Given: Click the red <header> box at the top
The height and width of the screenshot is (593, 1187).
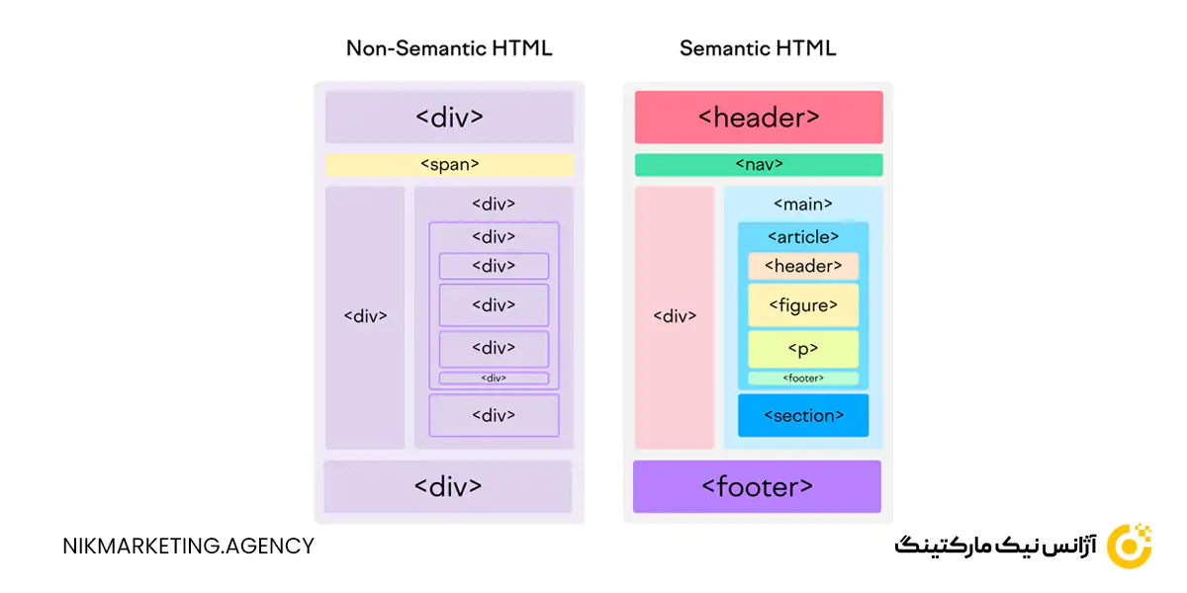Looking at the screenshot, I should pos(759,117).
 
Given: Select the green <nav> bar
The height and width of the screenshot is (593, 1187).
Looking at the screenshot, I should pos(759,165).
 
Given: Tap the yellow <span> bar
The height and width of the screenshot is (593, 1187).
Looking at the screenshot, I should pos(449,165).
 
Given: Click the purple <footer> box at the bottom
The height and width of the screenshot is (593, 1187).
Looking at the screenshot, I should pos(757,486).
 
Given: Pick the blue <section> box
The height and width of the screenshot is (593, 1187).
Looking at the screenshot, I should pos(802,415).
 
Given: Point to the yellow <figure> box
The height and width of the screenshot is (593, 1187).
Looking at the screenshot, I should pos(802,305).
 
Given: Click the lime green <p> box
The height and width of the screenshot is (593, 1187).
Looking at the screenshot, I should pos(802,349).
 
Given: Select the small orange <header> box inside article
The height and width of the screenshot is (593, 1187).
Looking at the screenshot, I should pos(802,266).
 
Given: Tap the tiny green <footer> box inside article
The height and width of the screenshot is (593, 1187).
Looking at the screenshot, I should pos(802,379).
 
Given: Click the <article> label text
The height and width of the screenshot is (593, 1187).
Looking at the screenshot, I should pos(802,237).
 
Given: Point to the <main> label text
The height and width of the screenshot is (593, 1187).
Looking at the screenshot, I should pos(802,205).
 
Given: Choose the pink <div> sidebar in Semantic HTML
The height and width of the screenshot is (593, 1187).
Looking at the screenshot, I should pos(675,316).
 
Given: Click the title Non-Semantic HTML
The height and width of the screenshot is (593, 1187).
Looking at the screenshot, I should pos(449,48).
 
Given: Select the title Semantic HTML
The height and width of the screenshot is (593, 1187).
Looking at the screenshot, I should pos(758,48).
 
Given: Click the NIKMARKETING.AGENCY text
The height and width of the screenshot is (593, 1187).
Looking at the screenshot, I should pos(188,546).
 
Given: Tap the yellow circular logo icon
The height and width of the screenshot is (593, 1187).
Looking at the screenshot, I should pos(1129,546).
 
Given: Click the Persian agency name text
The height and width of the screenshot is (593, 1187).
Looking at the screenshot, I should pos(994,547).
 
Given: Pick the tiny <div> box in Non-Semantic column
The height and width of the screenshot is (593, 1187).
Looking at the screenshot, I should pos(494,379).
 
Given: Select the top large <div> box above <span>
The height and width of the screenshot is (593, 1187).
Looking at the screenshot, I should pos(449,117).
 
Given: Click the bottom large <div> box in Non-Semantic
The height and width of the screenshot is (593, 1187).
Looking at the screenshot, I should pos(448,486).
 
